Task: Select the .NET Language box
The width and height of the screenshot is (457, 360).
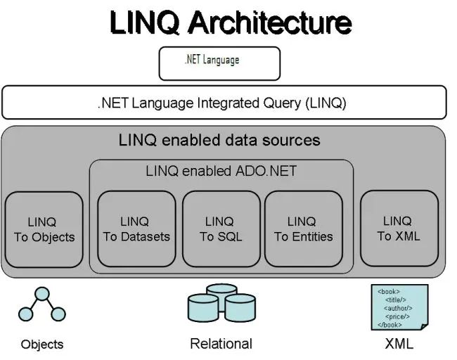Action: pos(219,63)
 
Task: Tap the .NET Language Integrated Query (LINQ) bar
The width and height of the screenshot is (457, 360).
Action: pos(224,103)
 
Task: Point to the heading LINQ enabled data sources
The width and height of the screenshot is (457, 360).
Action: pos(219,140)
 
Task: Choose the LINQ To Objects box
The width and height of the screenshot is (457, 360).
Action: pos(44,229)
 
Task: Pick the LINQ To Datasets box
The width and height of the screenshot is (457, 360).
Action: pos(136,229)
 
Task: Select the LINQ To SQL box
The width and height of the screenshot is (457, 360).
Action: pos(221,229)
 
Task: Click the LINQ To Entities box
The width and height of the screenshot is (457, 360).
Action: pos(303,229)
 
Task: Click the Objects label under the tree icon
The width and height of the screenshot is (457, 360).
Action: pos(42,345)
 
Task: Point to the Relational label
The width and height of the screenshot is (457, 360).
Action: pos(221,344)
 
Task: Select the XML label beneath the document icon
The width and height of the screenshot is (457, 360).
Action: pos(399,344)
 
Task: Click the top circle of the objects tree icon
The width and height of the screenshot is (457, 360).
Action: pos(43,294)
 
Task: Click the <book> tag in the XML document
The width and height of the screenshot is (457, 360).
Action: pos(388,291)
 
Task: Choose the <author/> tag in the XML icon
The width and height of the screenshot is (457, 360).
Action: pos(399,308)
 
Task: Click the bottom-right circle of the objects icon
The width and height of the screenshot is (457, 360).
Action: pos(58,314)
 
